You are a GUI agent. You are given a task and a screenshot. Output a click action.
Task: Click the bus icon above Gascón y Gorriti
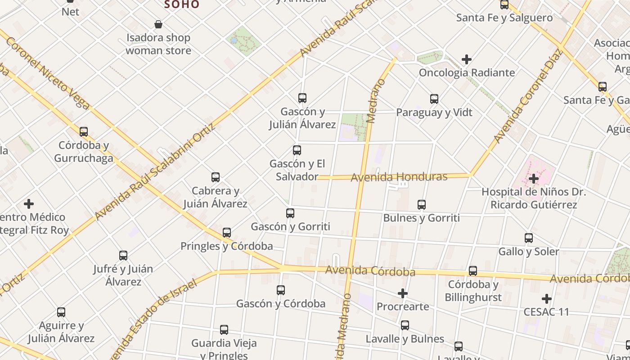tap(290, 213)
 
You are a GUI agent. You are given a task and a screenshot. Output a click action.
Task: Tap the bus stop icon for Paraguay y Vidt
tap(434, 99)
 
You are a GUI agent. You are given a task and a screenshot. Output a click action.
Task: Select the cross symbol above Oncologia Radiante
tap(467, 59)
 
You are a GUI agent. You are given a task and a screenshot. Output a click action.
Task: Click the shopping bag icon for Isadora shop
tap(158, 24)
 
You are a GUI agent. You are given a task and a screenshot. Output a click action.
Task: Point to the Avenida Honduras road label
tap(399, 177)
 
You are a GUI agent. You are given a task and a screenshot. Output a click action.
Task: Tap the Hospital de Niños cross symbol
tap(534, 179)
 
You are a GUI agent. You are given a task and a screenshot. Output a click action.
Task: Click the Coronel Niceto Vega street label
tap(47, 72)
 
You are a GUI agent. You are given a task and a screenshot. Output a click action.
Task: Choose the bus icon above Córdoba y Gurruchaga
tap(84, 132)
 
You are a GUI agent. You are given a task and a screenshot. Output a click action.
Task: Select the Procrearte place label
tap(403, 306)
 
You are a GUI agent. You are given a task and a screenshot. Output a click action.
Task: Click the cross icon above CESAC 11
tap(547, 299)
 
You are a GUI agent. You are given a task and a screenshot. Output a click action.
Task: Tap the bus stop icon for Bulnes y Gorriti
tap(422, 205)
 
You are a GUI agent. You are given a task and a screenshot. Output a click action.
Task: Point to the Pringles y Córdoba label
tap(226, 246)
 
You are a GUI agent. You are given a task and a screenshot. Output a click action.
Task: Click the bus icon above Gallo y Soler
tap(529, 238)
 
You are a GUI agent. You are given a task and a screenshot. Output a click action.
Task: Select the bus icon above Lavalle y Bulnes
tap(405, 325)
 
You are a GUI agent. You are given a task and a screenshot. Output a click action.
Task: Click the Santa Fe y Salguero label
tap(504, 18)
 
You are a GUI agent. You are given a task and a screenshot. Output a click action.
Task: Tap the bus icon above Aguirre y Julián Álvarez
tap(61, 312)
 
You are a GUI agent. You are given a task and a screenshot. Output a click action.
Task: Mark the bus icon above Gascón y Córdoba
tap(281, 290)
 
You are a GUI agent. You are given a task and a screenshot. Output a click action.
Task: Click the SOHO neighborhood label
tap(182, 4)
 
